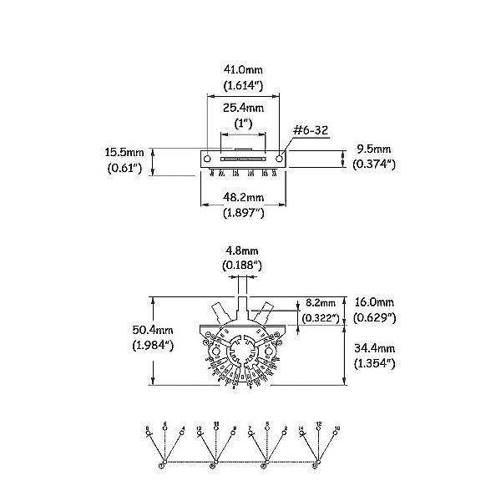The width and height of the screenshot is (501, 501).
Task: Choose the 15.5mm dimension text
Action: [124, 153]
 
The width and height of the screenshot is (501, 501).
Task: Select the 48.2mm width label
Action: [244, 197]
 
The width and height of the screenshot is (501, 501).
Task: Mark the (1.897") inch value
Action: [244, 213]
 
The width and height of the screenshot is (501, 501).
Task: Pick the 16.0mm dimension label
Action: [372, 301]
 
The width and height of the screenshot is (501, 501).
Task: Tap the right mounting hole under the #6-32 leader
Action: [279, 156]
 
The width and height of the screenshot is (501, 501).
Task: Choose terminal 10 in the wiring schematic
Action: [335, 428]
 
